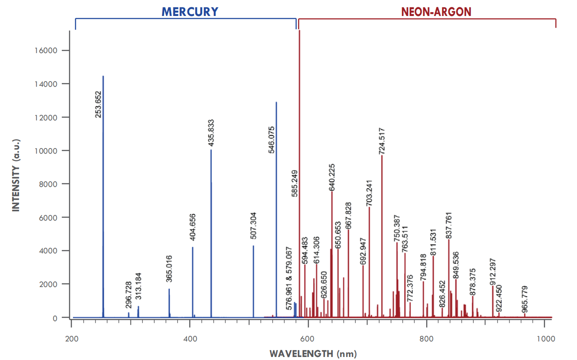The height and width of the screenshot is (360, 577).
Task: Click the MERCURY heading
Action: (190, 12)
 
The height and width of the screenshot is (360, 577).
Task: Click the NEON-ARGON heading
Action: (436, 12)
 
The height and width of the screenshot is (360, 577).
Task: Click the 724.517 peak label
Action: (382, 141)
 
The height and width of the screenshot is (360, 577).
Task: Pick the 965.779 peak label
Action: (524, 300)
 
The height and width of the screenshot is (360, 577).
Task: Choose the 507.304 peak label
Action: (253, 226)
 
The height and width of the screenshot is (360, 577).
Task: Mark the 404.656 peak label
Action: (193, 227)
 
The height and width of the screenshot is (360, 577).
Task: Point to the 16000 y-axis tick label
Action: (45, 51)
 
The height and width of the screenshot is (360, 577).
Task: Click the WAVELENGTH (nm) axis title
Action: (313, 354)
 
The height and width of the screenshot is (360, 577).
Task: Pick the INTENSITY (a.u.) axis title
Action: (16, 175)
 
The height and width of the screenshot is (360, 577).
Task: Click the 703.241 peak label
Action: (369, 193)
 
